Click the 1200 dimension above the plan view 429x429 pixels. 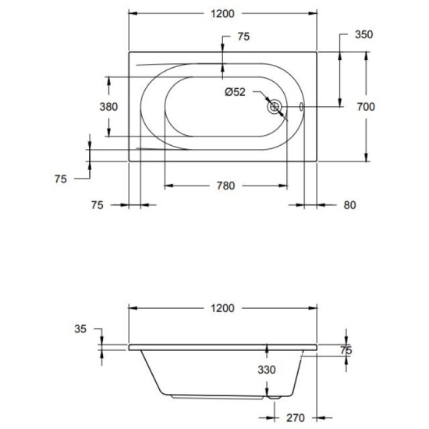[222, 14]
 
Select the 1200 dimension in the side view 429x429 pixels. [222, 308]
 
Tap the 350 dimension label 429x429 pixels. [363, 34]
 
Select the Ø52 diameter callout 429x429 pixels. [236, 92]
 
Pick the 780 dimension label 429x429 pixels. [225, 186]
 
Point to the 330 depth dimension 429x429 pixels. [268, 370]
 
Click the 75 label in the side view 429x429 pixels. [346, 350]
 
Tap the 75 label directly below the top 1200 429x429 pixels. [243, 37]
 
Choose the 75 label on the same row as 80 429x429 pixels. [97, 205]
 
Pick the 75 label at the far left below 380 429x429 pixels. [61, 179]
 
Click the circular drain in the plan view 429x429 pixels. [274, 108]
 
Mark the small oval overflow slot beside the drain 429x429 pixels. [301, 108]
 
